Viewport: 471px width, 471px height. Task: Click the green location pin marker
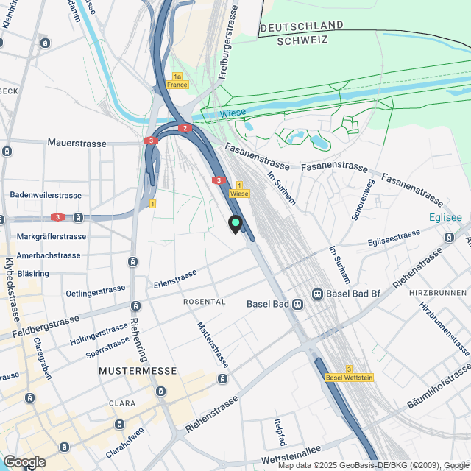235,223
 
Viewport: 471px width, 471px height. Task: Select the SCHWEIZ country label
301,41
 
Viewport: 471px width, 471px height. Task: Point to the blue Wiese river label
233,113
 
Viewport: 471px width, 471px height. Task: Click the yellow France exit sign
177,81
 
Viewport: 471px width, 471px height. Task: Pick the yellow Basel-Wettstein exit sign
348,373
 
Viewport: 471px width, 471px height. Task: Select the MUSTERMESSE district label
138,371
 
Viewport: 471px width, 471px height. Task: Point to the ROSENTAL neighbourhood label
204,302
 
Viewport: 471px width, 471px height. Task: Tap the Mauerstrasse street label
77,143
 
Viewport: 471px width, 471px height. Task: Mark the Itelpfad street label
279,428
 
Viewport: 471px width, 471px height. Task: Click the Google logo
24,462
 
